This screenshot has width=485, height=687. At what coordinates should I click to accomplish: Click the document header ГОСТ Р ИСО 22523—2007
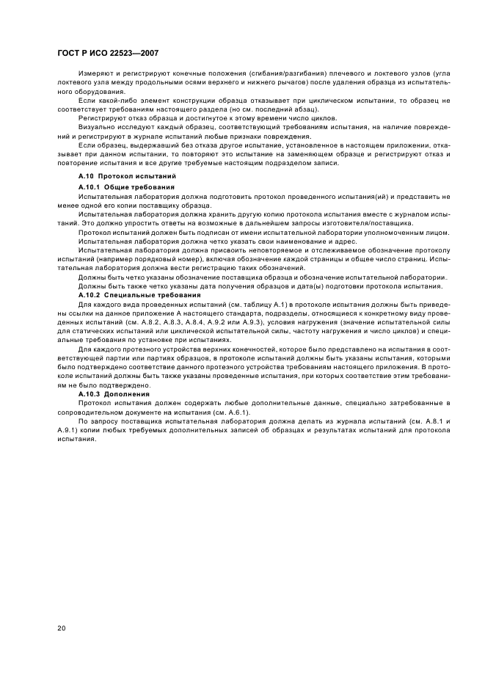pos(108,54)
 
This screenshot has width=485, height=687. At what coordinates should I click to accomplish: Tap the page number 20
pos(62,628)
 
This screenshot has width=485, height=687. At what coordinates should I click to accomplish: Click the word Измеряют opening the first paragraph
pos(93,74)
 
